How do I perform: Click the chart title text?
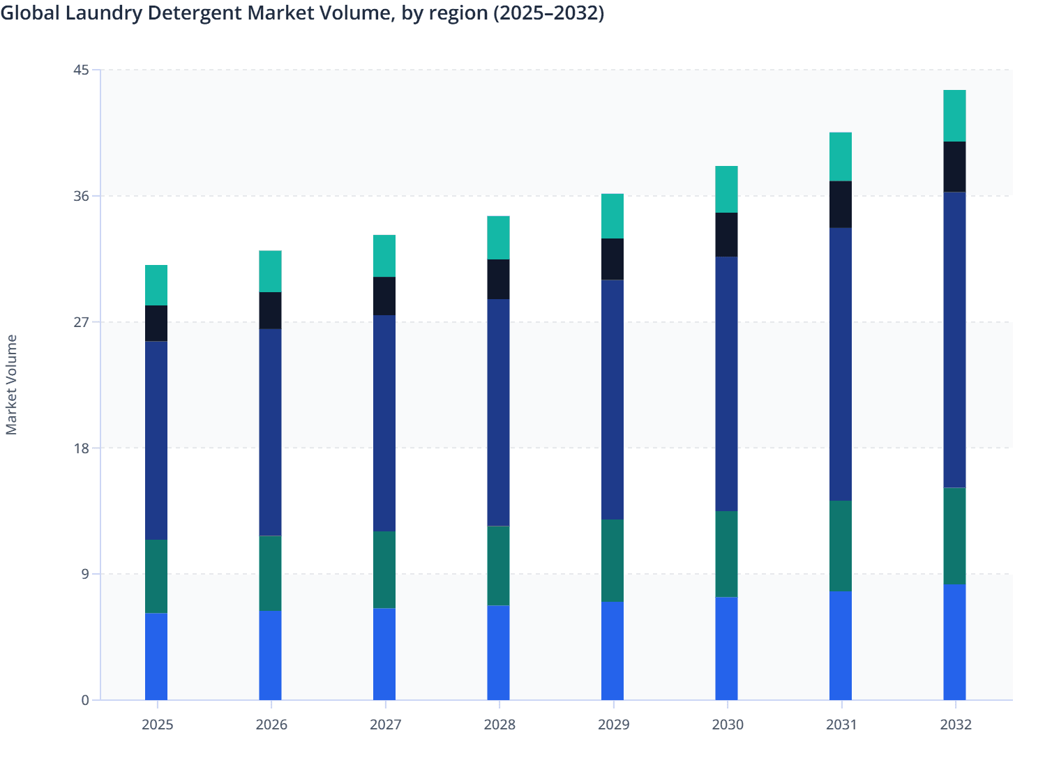[301, 13]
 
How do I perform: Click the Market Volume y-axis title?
[11, 385]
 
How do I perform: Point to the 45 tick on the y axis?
[81, 70]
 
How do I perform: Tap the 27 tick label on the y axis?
[81, 322]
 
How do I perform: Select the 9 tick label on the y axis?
[84, 574]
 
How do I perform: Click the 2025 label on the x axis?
[157, 725]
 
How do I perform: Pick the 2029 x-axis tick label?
[613, 725]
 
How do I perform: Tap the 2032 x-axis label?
[955, 725]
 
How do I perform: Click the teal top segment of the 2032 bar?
[954, 116]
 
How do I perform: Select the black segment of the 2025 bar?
[156, 324]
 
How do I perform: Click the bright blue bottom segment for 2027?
[384, 654]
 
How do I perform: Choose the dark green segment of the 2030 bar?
[726, 554]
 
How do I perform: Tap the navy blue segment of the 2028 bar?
[498, 413]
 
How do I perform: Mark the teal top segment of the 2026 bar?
[270, 271]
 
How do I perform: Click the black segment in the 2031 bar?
[840, 204]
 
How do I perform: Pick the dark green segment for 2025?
[156, 577]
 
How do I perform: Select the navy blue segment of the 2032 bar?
[954, 340]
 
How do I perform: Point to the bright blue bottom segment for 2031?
[840, 646]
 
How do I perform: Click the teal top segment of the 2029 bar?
[613, 216]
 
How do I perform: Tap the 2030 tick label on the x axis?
[727, 725]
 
